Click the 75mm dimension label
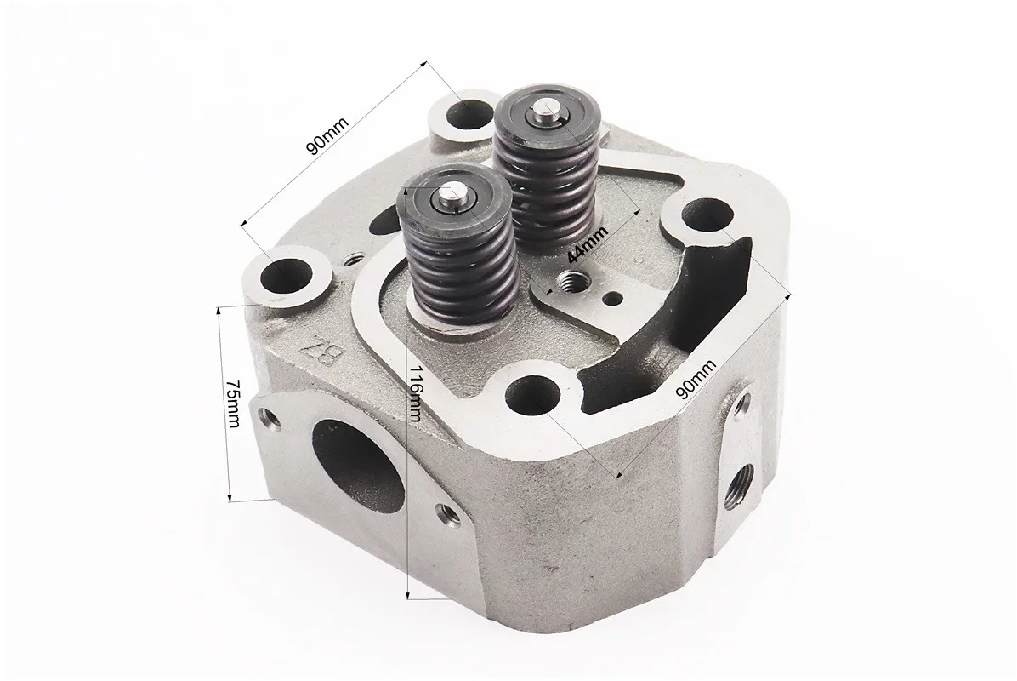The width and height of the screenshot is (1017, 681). (x=232, y=403)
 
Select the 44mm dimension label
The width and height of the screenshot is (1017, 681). (x=588, y=243)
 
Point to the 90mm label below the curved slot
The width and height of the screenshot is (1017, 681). (x=696, y=380)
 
